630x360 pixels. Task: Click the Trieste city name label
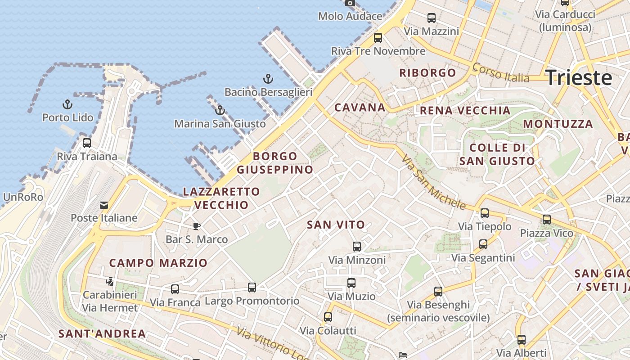point(579,77)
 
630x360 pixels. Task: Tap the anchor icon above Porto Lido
point(67,105)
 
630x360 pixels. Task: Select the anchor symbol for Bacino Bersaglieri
point(268,79)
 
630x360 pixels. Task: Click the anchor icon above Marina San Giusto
point(220,110)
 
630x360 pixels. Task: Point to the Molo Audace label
point(350,16)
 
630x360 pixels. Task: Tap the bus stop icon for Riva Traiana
point(87,143)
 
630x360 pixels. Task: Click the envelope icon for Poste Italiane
point(104,205)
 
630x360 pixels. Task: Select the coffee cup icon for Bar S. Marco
point(196,226)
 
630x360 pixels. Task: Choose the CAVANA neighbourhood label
point(360,108)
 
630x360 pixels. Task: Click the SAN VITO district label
point(336,225)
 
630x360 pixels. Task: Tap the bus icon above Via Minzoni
point(357,247)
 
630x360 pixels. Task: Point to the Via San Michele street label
point(433,183)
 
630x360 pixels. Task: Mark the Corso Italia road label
point(500,73)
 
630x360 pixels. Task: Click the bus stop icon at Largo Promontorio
point(252,288)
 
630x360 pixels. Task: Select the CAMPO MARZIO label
point(158,263)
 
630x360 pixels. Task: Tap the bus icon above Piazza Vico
point(546,220)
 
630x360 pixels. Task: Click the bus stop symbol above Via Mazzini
point(431,18)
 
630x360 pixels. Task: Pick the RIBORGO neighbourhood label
point(427,73)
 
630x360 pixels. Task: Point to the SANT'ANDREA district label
point(102,334)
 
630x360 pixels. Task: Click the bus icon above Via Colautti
point(328,317)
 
